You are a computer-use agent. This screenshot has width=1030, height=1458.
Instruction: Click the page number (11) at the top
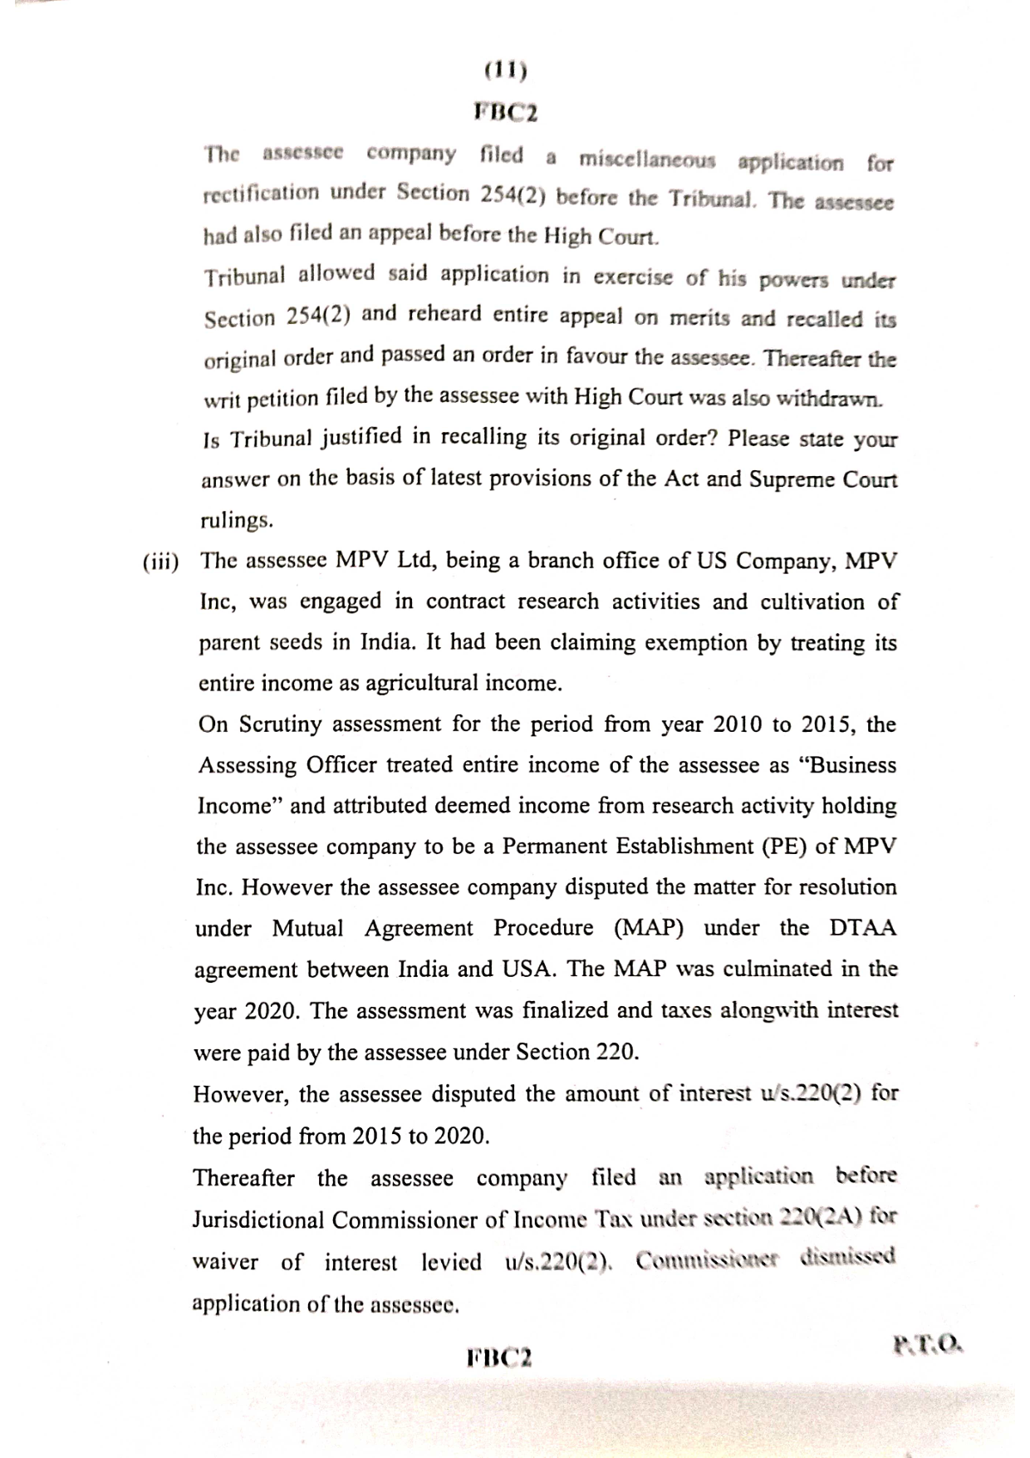click(x=505, y=71)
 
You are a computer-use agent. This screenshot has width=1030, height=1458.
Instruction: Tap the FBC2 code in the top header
click(x=505, y=111)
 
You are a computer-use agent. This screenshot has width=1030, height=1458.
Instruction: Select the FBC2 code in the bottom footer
click(x=500, y=1357)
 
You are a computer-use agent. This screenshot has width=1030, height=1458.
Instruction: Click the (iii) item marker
click(x=160, y=562)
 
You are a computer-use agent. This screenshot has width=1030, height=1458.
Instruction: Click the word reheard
click(x=445, y=315)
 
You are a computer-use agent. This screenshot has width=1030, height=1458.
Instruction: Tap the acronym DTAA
click(x=863, y=928)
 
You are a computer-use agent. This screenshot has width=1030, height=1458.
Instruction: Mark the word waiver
click(x=225, y=1262)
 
